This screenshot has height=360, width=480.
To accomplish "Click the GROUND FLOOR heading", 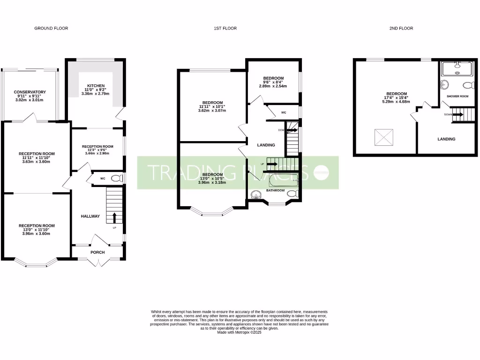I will [x=51, y=29].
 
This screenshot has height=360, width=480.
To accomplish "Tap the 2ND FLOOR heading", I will [x=401, y=29].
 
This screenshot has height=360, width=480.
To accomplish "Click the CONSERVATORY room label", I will [x=30, y=92].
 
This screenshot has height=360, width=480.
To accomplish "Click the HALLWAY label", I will [x=90, y=216].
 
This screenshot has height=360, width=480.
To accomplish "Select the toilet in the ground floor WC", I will [x=120, y=178].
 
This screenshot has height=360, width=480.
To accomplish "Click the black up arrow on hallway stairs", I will [x=114, y=217].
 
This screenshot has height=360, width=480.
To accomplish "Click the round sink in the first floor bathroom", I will [x=256, y=195].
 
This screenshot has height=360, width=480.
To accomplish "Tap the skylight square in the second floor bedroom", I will [x=383, y=137].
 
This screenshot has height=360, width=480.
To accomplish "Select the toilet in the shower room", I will [x=466, y=85].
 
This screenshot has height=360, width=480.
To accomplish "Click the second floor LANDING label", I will [x=446, y=139].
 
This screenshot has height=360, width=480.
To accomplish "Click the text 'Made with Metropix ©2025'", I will [x=239, y=332].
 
